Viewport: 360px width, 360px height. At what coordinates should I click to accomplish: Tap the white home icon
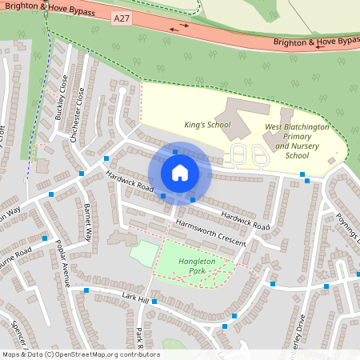pyautogui.click(x=180, y=172)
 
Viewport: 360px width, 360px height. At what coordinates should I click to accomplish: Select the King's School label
pyautogui.click(x=207, y=125)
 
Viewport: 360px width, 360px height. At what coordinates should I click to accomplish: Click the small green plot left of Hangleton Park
pyautogui.click(x=143, y=253)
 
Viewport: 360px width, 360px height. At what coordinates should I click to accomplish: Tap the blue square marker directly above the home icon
pyautogui.click(x=176, y=150)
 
